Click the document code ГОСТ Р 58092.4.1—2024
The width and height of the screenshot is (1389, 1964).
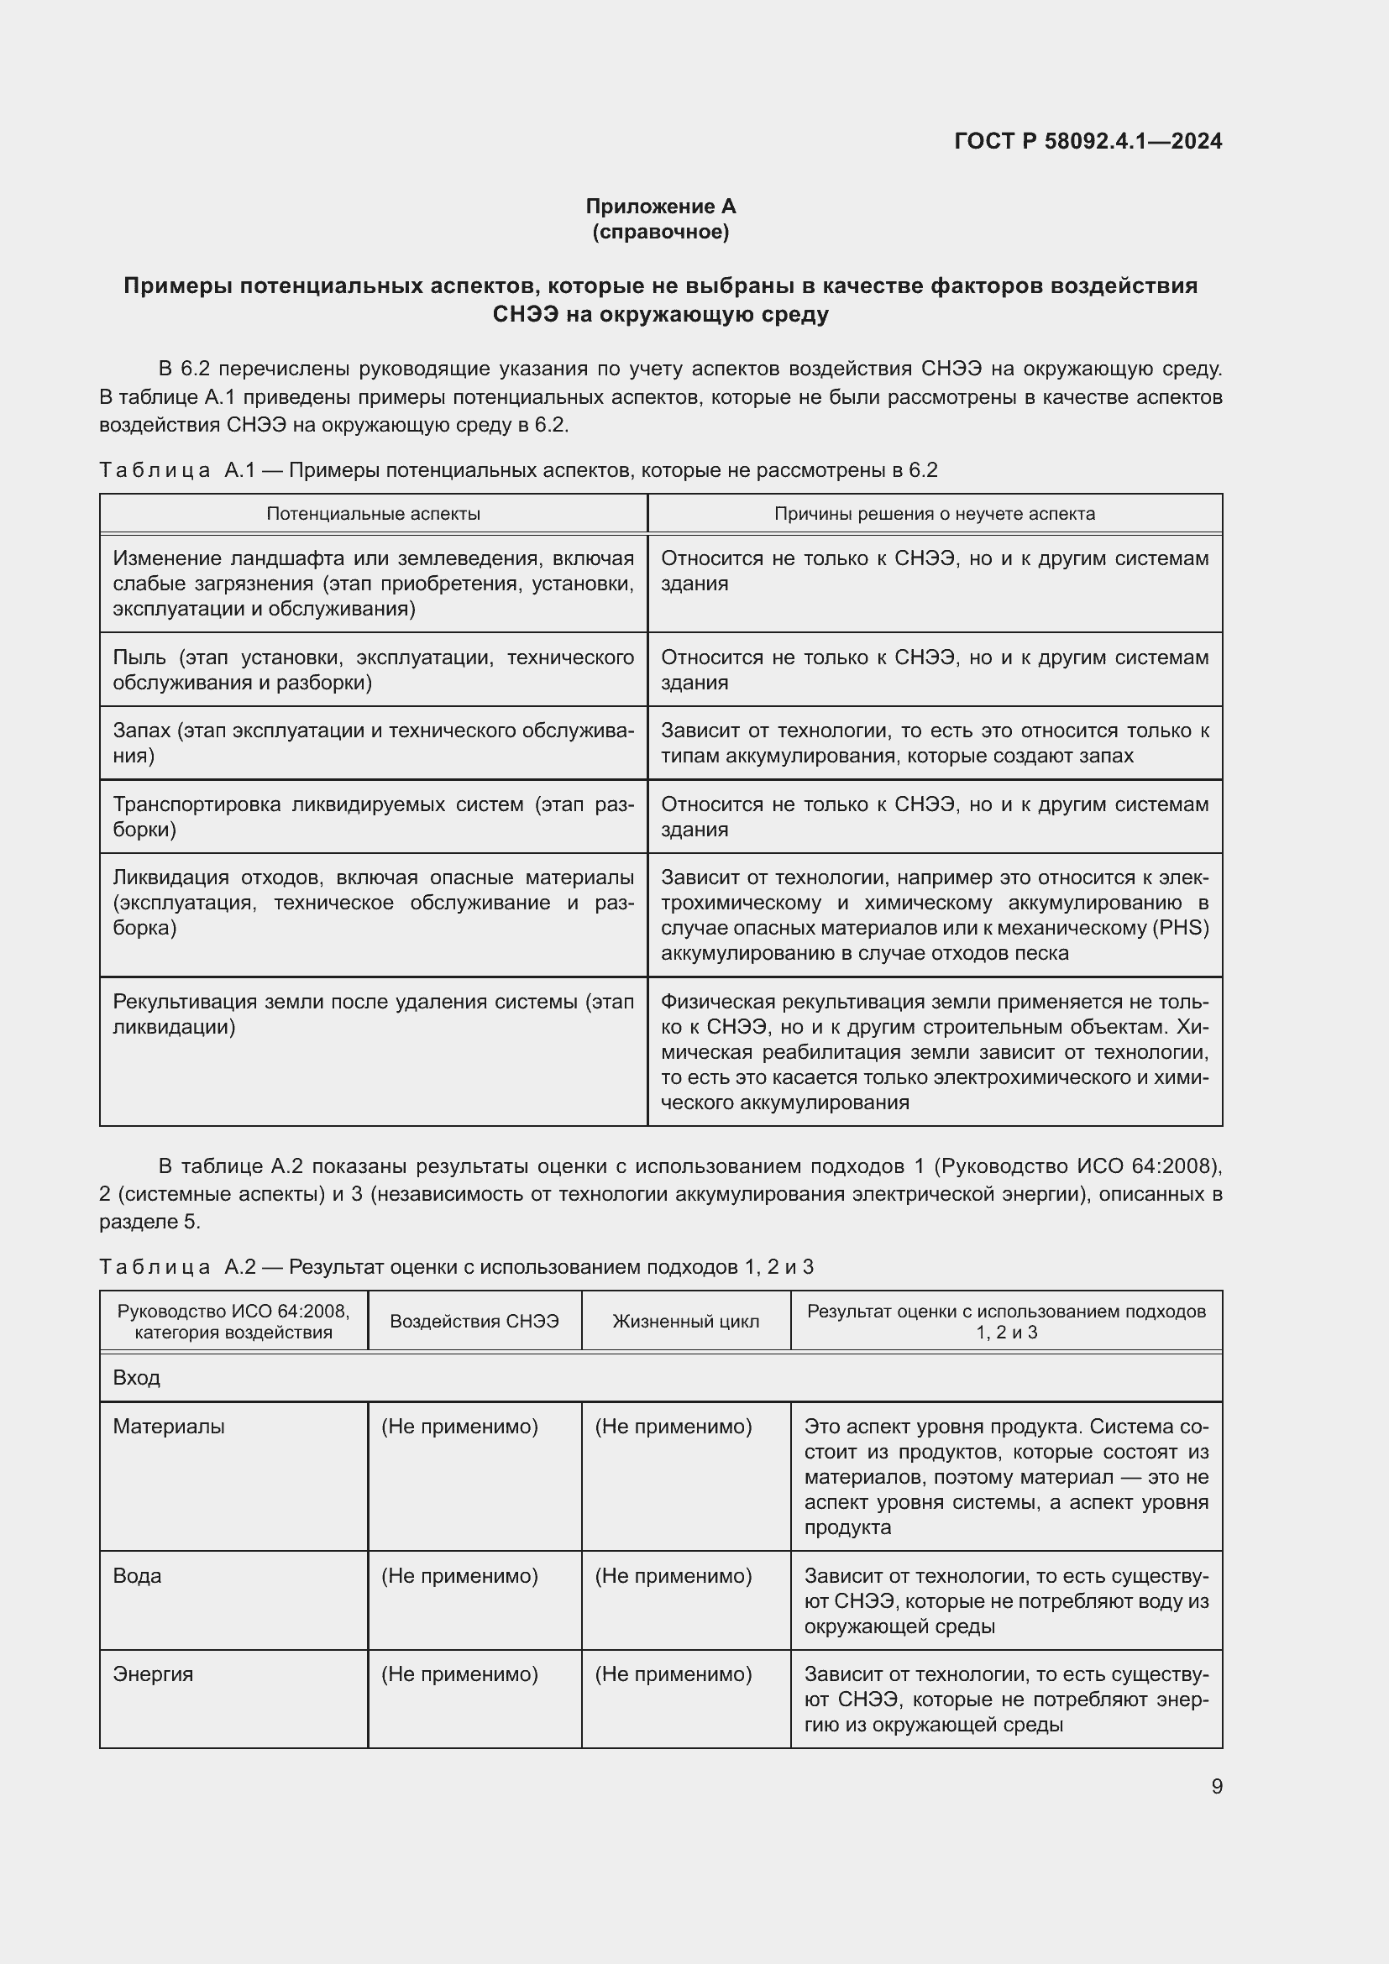[1087, 141]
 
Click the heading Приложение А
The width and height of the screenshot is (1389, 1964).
[660, 207]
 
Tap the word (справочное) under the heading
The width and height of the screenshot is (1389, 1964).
[660, 232]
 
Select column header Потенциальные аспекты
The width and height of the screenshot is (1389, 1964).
[373, 513]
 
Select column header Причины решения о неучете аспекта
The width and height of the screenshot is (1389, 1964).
[934, 513]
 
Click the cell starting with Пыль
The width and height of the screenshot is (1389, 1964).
[373, 670]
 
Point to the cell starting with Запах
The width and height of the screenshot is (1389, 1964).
[373, 742]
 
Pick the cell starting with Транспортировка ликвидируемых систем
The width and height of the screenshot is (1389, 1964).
[373, 816]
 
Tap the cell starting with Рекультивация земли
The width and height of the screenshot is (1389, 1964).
[373, 1013]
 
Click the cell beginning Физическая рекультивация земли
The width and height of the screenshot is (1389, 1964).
[934, 1051]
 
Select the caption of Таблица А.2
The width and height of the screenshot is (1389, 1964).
[456, 1267]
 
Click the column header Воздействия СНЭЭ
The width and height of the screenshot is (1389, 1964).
[474, 1322]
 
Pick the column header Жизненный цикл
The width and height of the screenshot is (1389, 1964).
[685, 1322]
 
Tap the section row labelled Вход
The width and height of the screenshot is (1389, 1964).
[137, 1378]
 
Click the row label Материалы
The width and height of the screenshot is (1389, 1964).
[169, 1427]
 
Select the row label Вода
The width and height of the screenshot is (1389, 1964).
[137, 1575]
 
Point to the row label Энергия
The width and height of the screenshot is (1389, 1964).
[152, 1674]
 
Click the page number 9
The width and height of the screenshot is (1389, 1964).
[1216, 1786]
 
